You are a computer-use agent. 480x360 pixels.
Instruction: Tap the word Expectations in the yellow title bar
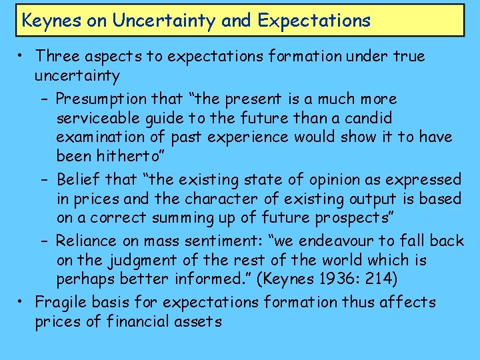point(313,21)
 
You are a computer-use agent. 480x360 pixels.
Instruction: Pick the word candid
point(368,119)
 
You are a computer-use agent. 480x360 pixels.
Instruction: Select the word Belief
point(78,179)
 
